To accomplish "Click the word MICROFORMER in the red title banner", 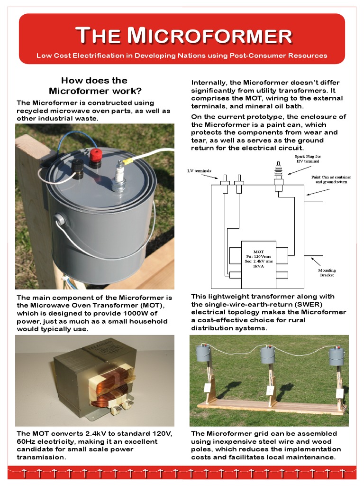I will (x=210, y=36).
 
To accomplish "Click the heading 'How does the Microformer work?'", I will (x=94, y=85).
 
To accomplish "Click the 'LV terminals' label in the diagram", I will (x=199, y=170).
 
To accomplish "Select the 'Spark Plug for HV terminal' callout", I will (x=308, y=159).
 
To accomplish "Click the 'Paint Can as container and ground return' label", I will (x=331, y=179).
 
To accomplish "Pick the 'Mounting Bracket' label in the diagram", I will (x=327, y=272).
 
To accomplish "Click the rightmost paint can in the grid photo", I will (x=337, y=355).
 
